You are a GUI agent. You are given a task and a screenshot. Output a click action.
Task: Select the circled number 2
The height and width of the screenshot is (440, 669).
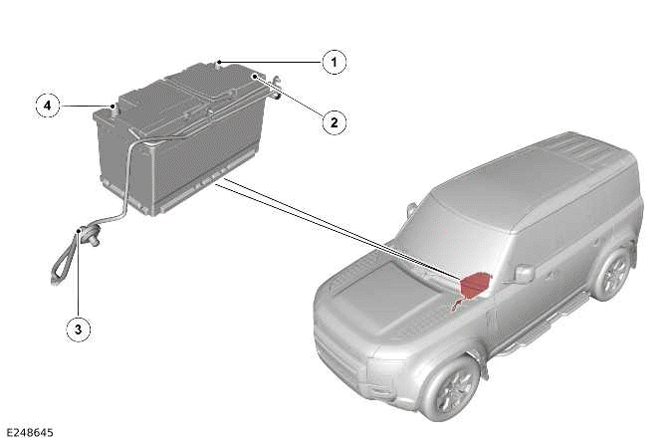pyautogui.click(x=334, y=122)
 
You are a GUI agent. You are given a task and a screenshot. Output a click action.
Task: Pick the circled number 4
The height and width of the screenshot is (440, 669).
pyautogui.click(x=45, y=104)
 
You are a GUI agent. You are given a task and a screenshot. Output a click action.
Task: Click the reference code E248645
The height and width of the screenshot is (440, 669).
pyautogui.click(x=30, y=431)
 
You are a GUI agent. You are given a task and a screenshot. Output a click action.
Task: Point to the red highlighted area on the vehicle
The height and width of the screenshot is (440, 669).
pyautogui.click(x=475, y=285)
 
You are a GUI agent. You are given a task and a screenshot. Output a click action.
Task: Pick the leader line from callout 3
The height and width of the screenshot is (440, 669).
pyautogui.click(x=79, y=289)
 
